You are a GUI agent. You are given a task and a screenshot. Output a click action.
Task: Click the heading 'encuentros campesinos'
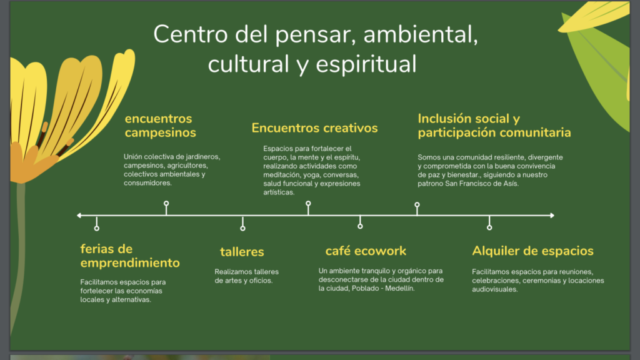(161, 126)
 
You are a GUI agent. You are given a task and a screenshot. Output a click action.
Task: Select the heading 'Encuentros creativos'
(315, 128)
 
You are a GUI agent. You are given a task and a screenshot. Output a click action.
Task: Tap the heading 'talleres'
(242, 252)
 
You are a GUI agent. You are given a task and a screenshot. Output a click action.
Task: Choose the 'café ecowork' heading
(366, 251)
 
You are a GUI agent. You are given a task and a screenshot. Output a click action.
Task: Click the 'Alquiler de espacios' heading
(532, 251)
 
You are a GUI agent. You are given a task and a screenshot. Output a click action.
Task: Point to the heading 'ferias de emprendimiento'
(130, 256)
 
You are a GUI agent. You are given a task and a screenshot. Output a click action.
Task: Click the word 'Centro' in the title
(191, 34)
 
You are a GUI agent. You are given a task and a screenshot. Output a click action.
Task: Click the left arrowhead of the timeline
(79, 216)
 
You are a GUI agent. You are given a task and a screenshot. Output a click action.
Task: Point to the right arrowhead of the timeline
(552, 216)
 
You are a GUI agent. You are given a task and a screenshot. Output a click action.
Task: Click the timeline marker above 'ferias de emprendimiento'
(97, 228)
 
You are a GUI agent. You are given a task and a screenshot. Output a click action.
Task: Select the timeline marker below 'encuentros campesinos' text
(166, 203)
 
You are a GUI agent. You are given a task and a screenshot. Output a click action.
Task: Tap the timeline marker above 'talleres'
(243, 228)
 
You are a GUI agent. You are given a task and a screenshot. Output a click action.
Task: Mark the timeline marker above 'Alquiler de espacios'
(489, 227)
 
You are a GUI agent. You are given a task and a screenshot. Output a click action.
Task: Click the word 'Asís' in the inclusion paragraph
(511, 184)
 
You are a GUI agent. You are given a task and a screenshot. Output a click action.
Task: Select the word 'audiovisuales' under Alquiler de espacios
(495, 289)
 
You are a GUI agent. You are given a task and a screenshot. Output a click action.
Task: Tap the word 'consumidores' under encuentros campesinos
(147, 183)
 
